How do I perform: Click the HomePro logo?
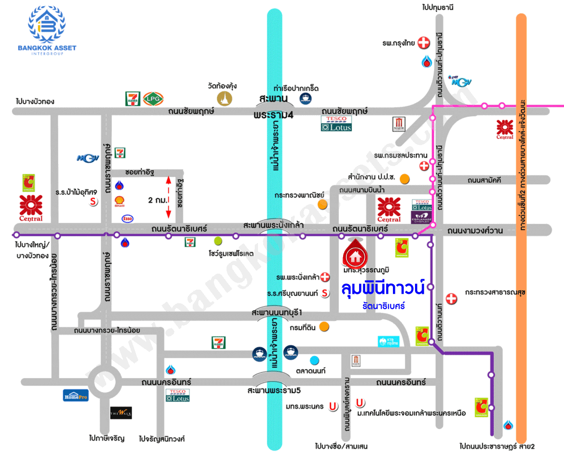(x=76, y=395)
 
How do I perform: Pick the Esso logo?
(x=127, y=218)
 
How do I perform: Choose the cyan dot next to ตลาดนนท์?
(x=314, y=361)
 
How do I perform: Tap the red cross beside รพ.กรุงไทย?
(x=424, y=43)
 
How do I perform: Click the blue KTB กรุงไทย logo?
(x=388, y=341)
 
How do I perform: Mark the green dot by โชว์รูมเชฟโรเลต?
(x=218, y=241)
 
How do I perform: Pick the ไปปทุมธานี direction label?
(x=437, y=7)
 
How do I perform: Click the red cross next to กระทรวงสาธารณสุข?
(x=451, y=298)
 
